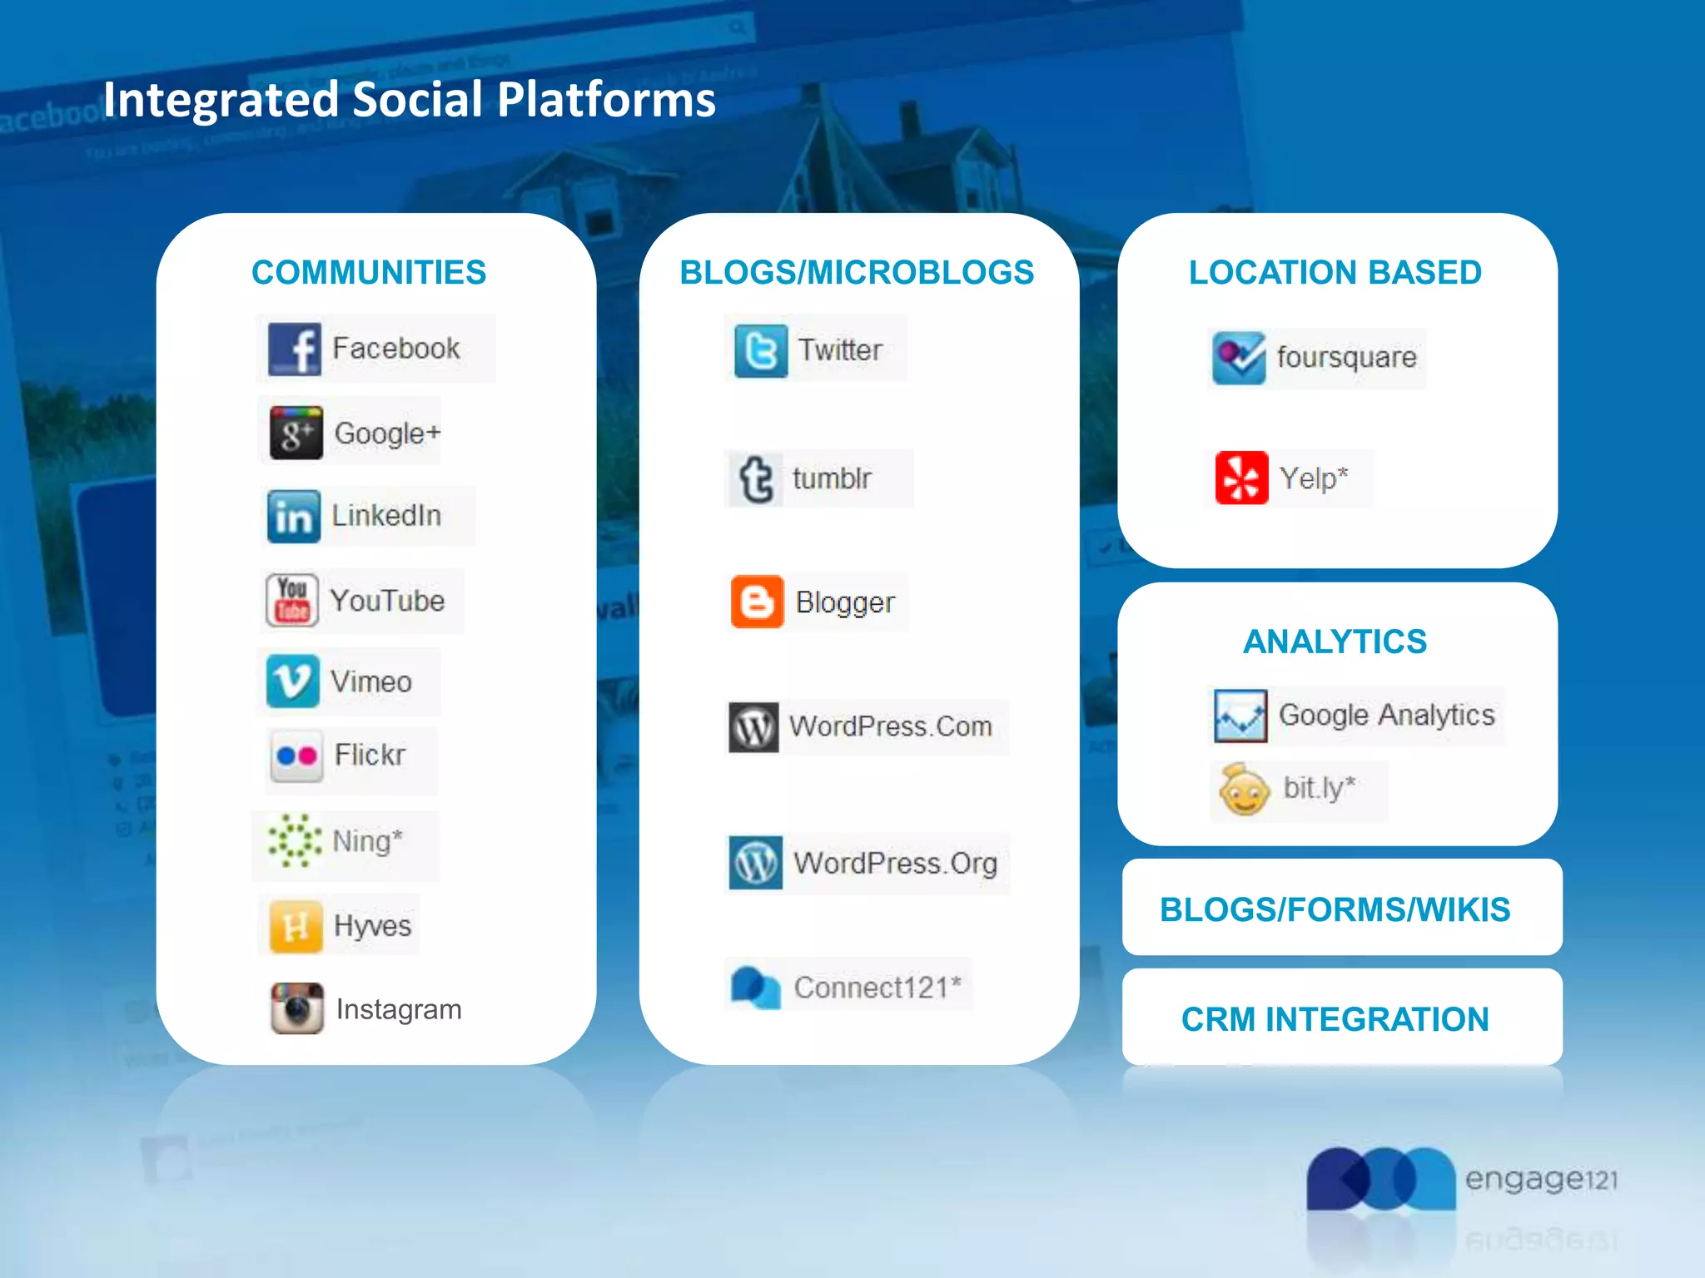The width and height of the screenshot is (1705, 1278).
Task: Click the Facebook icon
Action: (294, 349)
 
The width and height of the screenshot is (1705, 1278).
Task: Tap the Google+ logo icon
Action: (296, 433)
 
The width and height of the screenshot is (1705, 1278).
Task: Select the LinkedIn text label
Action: (386, 516)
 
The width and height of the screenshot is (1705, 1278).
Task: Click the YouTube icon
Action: (292, 600)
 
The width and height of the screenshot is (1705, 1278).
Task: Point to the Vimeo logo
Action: (292, 681)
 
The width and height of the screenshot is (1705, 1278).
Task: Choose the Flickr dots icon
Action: (296, 755)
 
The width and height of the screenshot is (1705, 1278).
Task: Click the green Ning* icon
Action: (294, 841)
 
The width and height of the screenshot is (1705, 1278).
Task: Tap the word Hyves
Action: (372, 926)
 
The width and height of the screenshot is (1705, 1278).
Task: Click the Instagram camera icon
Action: (296, 1008)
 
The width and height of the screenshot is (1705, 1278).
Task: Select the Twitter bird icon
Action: (760, 350)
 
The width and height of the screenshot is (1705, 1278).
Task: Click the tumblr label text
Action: (832, 478)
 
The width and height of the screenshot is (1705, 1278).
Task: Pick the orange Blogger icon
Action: (757, 602)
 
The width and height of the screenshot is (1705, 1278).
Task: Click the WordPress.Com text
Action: (890, 726)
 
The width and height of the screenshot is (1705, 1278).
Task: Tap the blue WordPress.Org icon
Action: (755, 863)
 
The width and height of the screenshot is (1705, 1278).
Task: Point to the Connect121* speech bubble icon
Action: (755, 988)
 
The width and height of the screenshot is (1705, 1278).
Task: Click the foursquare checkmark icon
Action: (1238, 358)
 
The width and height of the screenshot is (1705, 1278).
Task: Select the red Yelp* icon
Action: (1241, 478)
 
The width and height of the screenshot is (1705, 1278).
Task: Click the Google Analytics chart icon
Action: (1240, 716)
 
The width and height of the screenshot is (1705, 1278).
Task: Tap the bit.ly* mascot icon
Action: (1244, 790)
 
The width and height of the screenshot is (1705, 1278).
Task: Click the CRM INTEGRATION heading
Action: (1335, 1019)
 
